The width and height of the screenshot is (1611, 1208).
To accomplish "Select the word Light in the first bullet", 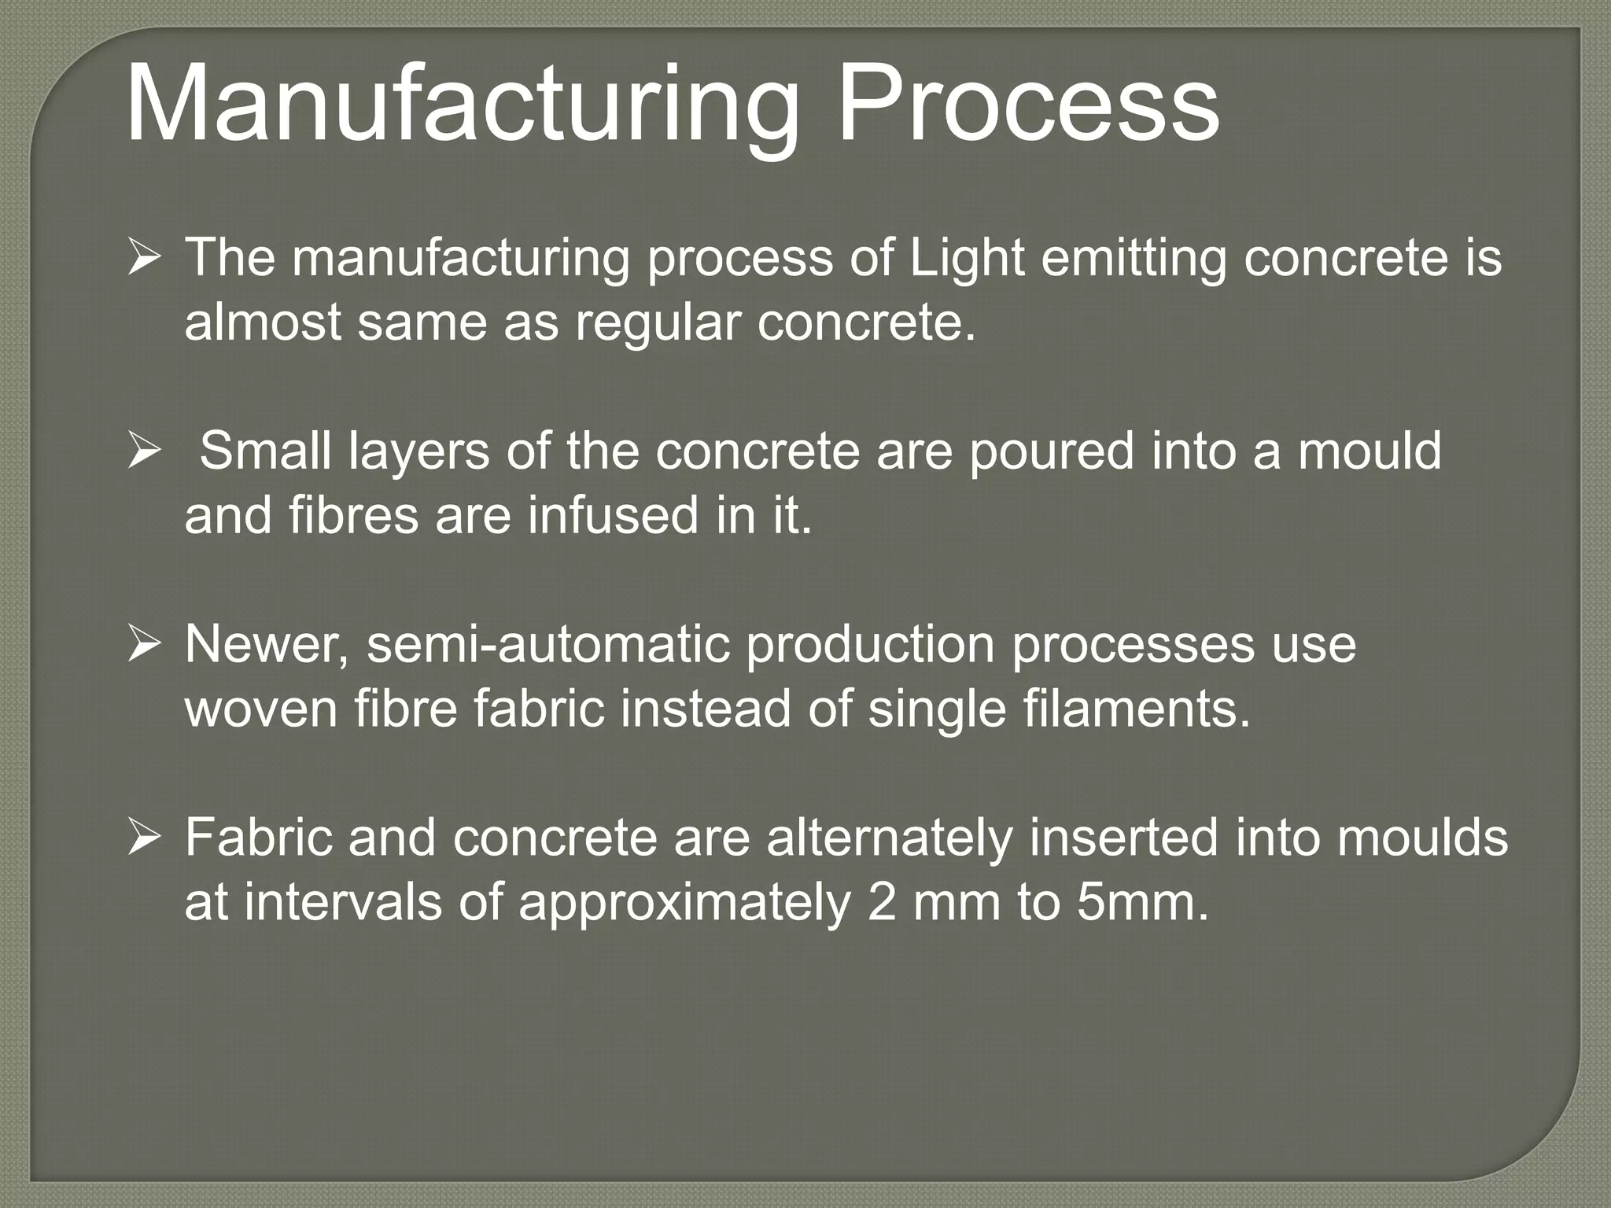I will click(967, 258).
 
